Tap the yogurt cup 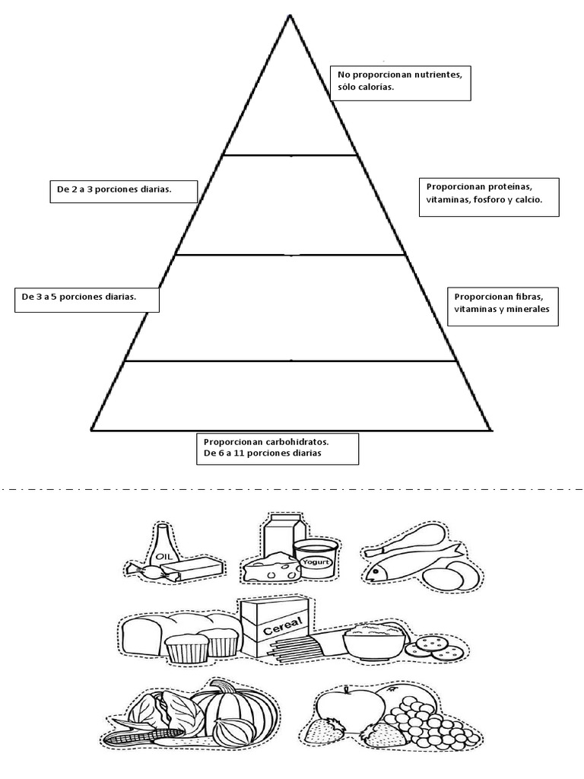(x=316, y=559)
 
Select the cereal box (x=275, y=627)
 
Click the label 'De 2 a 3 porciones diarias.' (x=114, y=189)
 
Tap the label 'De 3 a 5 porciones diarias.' (x=79, y=297)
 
